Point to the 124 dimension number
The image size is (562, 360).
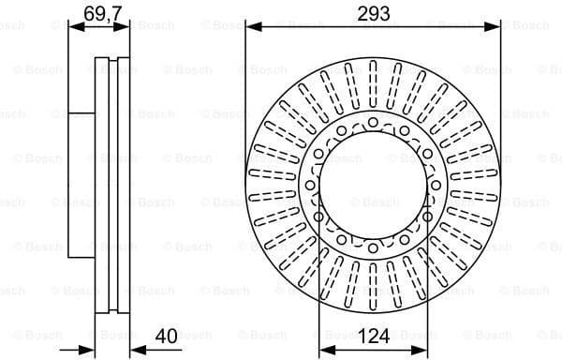tap(374, 335)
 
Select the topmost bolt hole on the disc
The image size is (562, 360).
tap(373, 122)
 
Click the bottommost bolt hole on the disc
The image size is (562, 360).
tap(373, 248)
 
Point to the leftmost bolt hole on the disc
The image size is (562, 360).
tap(310, 186)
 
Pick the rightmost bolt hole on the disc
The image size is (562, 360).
tap(436, 186)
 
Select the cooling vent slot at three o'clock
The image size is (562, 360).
tap(474, 186)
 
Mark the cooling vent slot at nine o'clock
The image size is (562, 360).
tap(272, 186)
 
